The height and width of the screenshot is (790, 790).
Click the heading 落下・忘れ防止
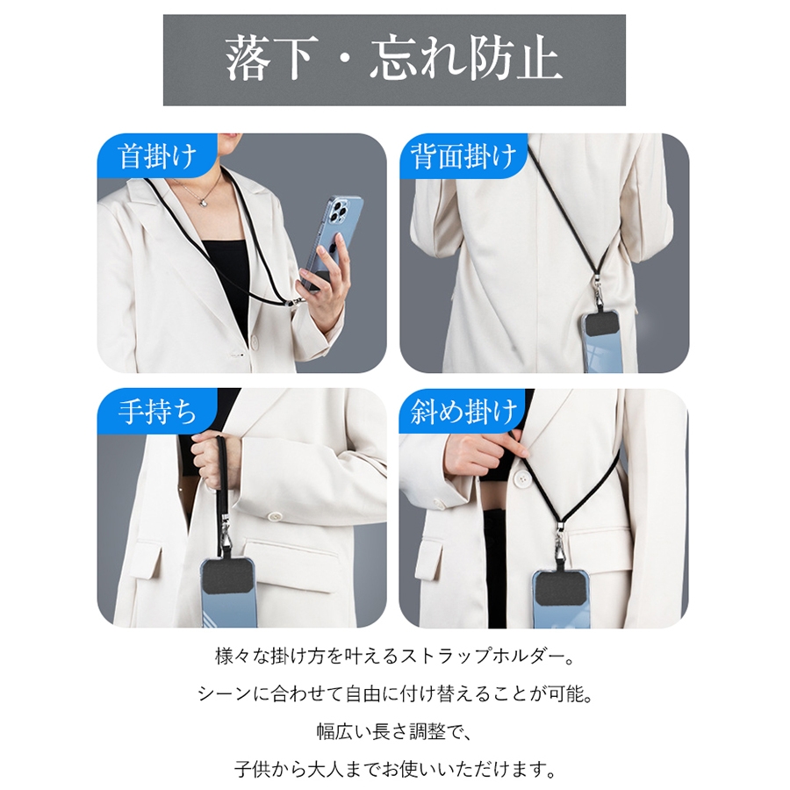click(393, 60)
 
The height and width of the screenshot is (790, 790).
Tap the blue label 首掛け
click(157, 155)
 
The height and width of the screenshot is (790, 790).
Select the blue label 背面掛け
click(463, 155)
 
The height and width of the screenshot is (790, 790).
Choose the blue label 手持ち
click(157, 412)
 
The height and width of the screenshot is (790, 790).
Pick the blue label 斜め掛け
click(463, 412)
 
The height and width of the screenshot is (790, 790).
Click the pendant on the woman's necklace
click(204, 201)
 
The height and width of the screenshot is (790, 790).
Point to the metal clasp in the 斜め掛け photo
click(559, 549)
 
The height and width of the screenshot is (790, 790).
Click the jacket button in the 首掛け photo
click(254, 341)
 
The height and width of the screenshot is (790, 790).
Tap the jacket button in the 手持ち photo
click(275, 516)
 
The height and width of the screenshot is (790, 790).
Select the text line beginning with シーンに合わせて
click(396, 693)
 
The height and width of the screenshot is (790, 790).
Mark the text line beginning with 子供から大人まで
click(396, 769)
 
